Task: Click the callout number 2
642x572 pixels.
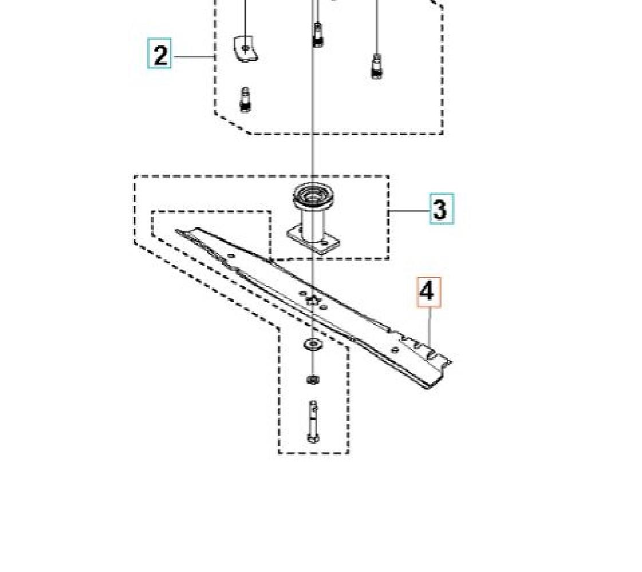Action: (160, 53)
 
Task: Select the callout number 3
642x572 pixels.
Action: (442, 209)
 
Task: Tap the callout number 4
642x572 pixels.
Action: (429, 292)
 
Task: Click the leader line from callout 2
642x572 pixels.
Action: (193, 57)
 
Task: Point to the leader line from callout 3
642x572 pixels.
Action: (409, 211)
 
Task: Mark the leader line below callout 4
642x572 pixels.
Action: (430, 327)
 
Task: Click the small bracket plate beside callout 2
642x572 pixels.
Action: (246, 49)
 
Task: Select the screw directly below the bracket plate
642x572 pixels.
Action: (245, 100)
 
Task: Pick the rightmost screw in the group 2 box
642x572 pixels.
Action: (377, 66)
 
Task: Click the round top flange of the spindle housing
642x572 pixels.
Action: (314, 194)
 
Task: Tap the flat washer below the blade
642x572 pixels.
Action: (312, 344)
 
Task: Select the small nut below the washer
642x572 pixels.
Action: (313, 379)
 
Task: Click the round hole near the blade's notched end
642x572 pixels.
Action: (395, 349)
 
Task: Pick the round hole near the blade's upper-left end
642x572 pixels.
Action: (231, 256)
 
